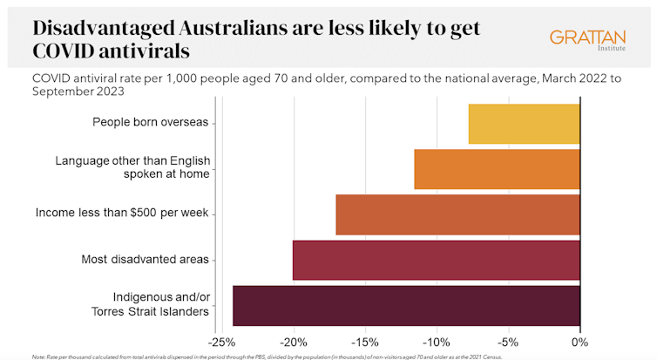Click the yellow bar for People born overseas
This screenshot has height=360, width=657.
pyautogui.click(x=524, y=124)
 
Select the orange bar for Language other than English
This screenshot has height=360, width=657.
pyautogui.click(x=497, y=169)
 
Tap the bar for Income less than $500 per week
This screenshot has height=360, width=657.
pyautogui.click(x=457, y=214)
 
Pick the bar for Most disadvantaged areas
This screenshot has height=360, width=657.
pyautogui.click(x=436, y=260)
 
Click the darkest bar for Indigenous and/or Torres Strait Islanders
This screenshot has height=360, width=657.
pyautogui.click(x=406, y=305)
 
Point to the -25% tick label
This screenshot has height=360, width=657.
pyautogui.click(x=225, y=340)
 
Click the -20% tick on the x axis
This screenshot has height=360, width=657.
pyautogui.click(x=294, y=340)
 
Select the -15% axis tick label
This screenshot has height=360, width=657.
pyautogui.click(x=365, y=340)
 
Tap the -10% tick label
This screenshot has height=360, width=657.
pyautogui.click(x=437, y=340)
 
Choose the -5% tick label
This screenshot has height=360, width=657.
pyautogui.click(x=510, y=340)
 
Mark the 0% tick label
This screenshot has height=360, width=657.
pyautogui.click(x=580, y=340)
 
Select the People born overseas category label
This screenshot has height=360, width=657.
pyautogui.click(x=150, y=122)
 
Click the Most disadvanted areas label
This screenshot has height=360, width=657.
pyautogui.click(x=144, y=259)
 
